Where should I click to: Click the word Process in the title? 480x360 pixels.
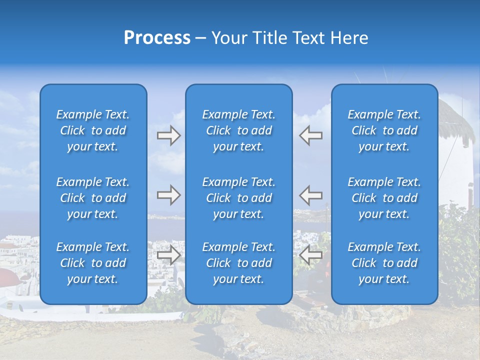(x=157, y=38)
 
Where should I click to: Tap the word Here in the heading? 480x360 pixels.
(x=348, y=38)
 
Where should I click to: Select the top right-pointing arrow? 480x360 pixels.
(x=168, y=135)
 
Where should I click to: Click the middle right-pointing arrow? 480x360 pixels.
(x=168, y=195)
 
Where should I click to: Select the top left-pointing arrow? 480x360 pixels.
(x=310, y=135)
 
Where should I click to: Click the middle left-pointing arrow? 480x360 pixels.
(x=310, y=195)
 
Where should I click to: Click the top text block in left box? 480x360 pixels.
(x=93, y=130)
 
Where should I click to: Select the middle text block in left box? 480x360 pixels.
(x=93, y=198)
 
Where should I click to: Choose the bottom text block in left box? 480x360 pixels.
(x=93, y=263)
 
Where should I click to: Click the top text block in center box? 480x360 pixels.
(x=238, y=130)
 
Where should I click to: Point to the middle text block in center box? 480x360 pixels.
(x=238, y=198)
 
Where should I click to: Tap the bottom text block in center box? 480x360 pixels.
(x=238, y=263)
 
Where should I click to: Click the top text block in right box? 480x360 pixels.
(x=384, y=130)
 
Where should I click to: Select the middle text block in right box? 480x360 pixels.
(x=384, y=198)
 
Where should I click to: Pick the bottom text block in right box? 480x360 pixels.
(x=384, y=263)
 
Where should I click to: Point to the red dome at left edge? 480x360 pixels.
(x=10, y=274)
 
